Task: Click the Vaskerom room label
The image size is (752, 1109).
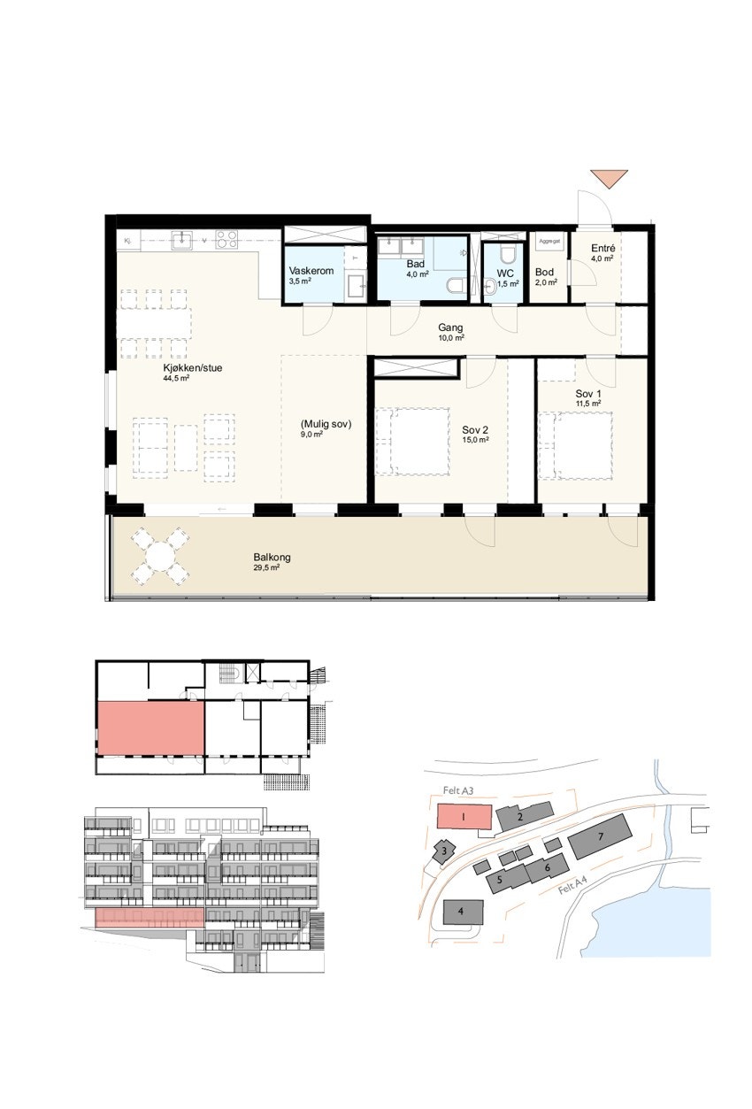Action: pos(311,271)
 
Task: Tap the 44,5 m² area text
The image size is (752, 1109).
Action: pos(176,378)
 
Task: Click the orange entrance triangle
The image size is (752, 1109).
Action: pos(609,178)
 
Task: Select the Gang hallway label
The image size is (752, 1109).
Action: pos(450,327)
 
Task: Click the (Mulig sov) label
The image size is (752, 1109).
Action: pos(326,424)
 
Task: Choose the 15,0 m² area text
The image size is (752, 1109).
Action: pos(476,440)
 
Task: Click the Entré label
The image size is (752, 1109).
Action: pos(603,250)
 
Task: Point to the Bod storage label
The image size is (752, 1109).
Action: pos(544,273)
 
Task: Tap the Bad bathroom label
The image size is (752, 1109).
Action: pos(416,264)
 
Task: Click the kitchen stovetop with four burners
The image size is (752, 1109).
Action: pos(226,239)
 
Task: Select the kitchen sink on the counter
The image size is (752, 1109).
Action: pos(182,239)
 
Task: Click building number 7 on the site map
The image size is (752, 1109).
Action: pos(600,836)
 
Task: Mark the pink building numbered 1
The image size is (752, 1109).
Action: pos(464,818)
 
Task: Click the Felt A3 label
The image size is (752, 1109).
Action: pos(458,790)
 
